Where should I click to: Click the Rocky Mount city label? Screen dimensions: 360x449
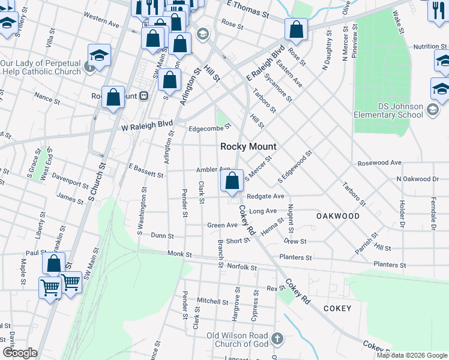point(249,146)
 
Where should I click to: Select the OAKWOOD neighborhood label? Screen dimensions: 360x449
point(338,216)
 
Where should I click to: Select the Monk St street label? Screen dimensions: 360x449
point(179,255)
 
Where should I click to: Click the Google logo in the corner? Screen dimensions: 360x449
point(20,353)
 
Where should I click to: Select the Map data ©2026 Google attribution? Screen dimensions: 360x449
point(411,355)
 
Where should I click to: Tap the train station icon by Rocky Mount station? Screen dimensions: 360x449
point(144,96)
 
